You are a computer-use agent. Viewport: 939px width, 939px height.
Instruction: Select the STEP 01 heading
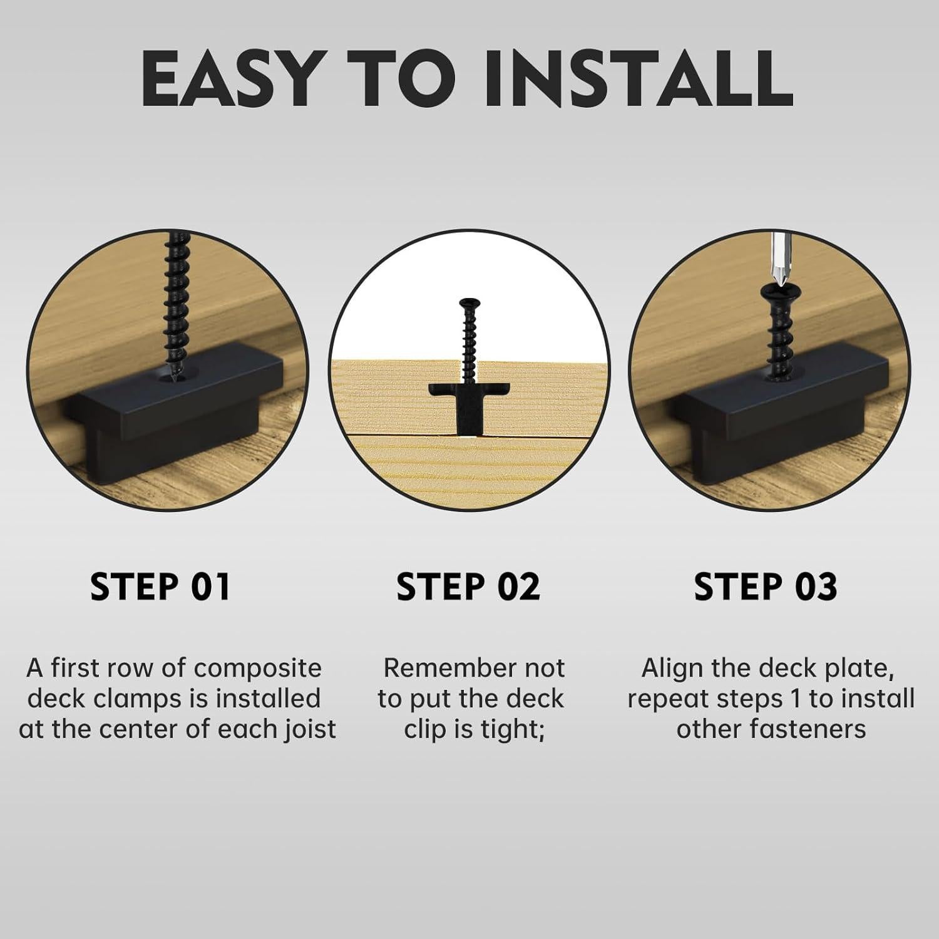(160, 587)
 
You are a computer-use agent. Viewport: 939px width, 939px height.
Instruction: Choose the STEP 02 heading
(468, 587)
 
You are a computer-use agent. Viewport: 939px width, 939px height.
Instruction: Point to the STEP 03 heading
(766, 587)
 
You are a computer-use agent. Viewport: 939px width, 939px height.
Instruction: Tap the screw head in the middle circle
(468, 304)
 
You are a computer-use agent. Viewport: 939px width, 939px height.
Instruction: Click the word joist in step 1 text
(309, 729)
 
